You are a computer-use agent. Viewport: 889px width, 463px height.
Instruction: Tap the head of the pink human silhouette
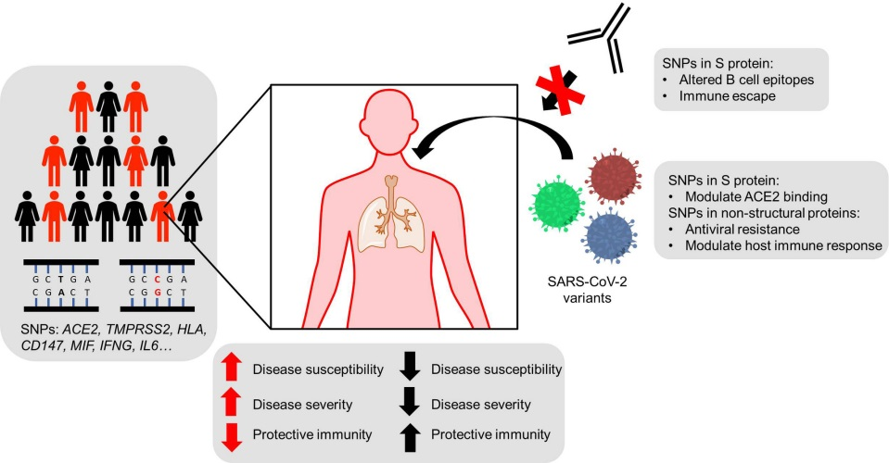click(x=394, y=130)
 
